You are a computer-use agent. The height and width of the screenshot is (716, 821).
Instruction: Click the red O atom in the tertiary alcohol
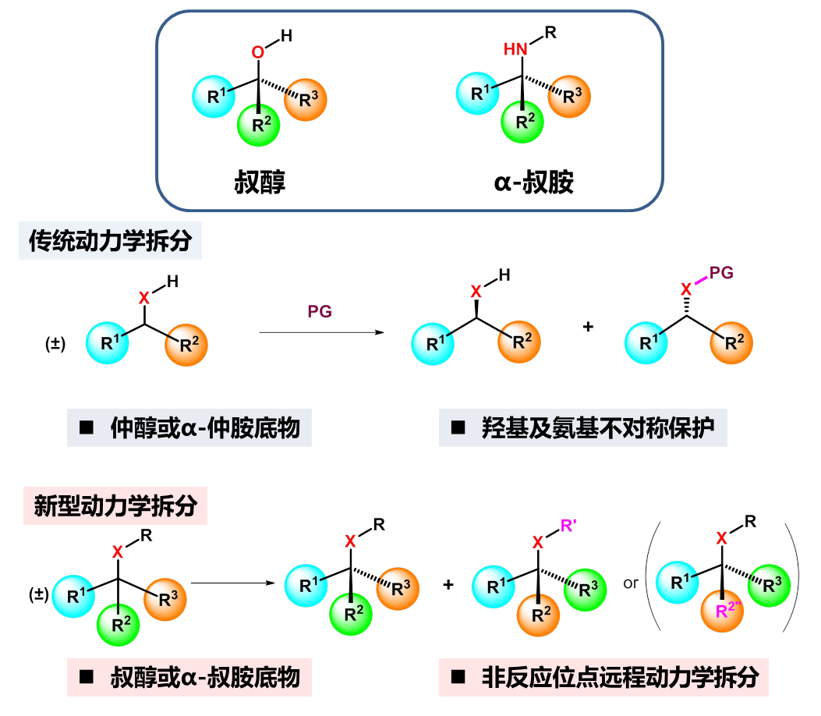258,54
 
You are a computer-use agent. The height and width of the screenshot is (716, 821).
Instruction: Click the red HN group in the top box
515,50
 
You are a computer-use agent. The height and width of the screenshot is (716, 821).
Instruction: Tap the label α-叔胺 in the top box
534,182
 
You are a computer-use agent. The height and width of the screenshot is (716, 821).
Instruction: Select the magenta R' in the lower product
569,524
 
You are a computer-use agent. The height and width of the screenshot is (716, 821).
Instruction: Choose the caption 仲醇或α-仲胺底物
189,427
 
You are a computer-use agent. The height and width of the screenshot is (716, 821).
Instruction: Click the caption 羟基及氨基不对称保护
582,427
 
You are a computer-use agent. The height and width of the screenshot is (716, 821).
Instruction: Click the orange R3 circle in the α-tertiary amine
568,97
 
